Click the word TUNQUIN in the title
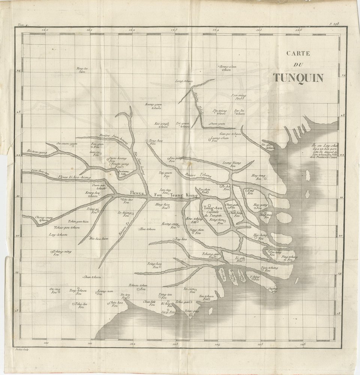click(298, 77)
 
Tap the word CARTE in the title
click(298, 53)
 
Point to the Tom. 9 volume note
click(24, 25)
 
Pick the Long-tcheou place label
click(184, 81)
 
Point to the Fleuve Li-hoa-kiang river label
click(74, 177)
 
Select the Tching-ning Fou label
click(61, 253)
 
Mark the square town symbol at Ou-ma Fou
click(59, 292)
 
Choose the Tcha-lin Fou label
click(81, 305)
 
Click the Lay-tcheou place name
click(58, 235)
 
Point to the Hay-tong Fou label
click(258, 177)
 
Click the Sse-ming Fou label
click(238, 97)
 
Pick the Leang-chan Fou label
click(219, 139)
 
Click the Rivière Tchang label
click(198, 175)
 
